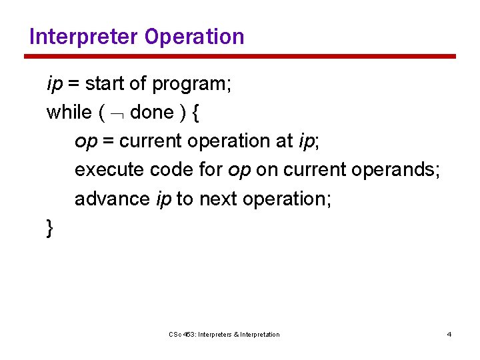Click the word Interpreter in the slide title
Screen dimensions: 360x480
coord(81,36)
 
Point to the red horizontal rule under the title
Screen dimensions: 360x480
coord(240,57)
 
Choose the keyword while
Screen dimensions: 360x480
coord(69,112)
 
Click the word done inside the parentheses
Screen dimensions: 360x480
coord(151,112)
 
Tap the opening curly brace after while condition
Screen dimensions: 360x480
coord(195,113)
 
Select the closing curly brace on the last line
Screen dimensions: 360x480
coord(50,228)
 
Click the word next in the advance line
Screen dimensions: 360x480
coord(217,199)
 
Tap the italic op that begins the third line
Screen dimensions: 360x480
coord(85,142)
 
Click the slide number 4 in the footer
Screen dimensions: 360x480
coord(449,334)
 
